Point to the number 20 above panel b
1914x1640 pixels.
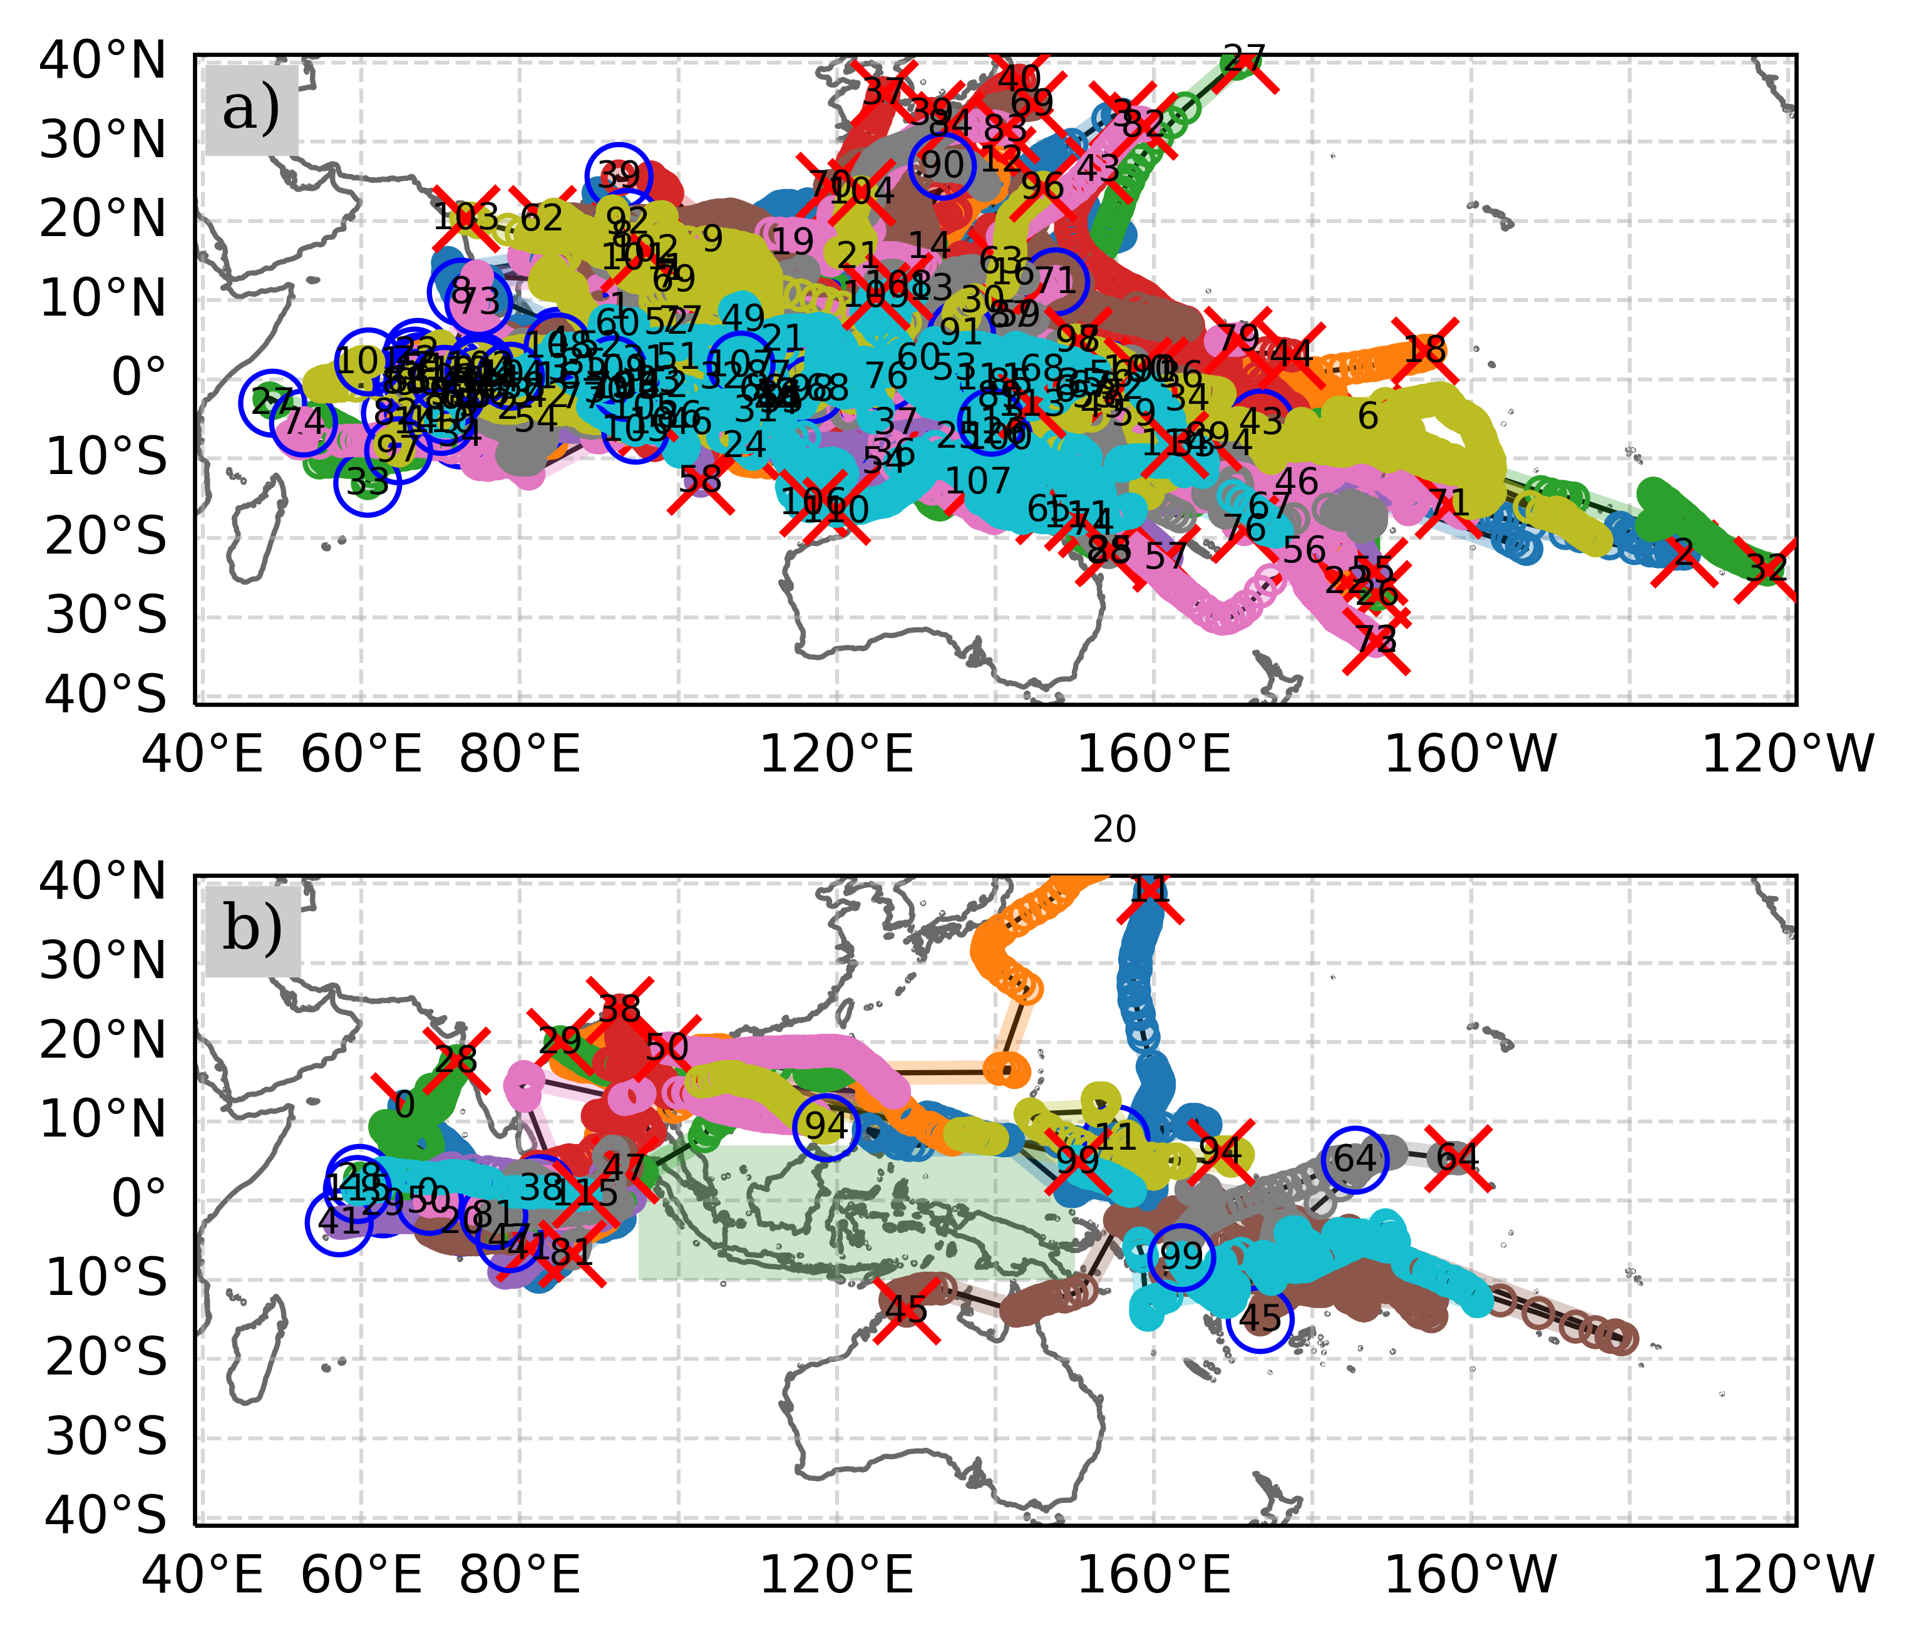coord(1114,830)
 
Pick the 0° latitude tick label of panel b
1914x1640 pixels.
coord(138,1199)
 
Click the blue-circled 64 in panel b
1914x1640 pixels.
coord(1354,1158)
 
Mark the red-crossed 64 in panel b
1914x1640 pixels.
coord(1458,1158)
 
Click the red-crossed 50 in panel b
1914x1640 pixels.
coord(667,1048)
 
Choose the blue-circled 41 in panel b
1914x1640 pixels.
coord(339,1222)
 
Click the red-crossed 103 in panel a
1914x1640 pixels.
coord(466,218)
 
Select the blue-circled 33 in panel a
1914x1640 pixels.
coord(368,482)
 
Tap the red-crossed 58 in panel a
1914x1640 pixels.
coord(700,480)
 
